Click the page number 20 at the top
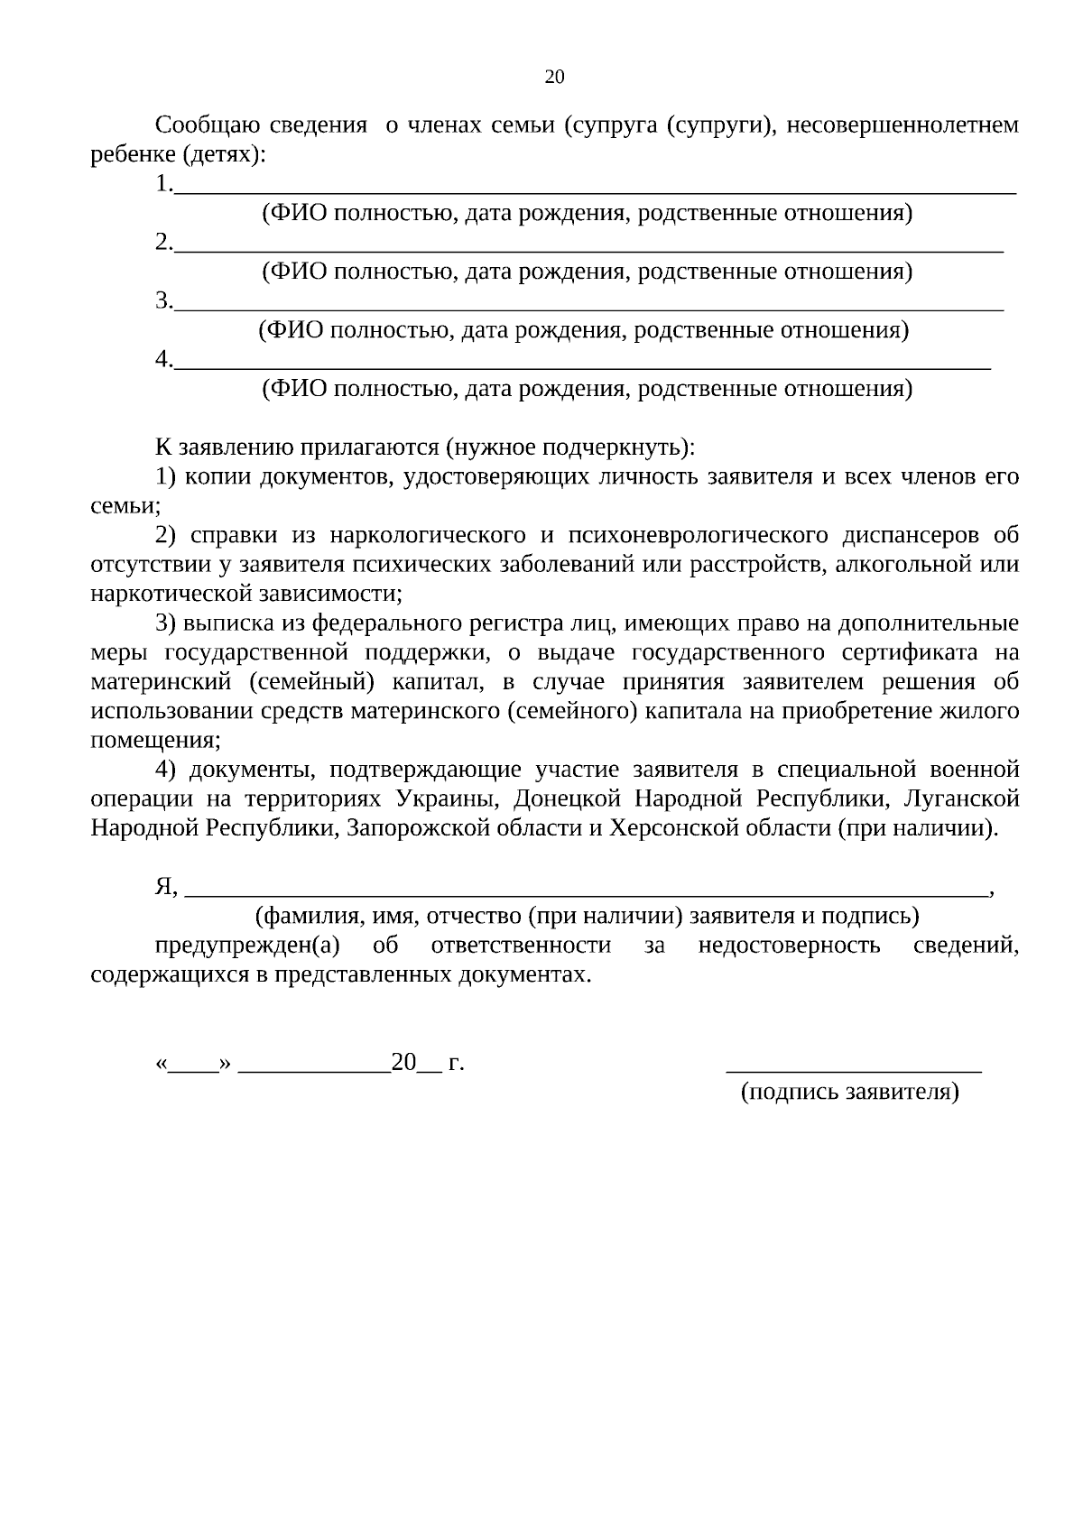coord(554,78)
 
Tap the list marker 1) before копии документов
coord(166,477)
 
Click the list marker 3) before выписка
coord(166,623)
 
